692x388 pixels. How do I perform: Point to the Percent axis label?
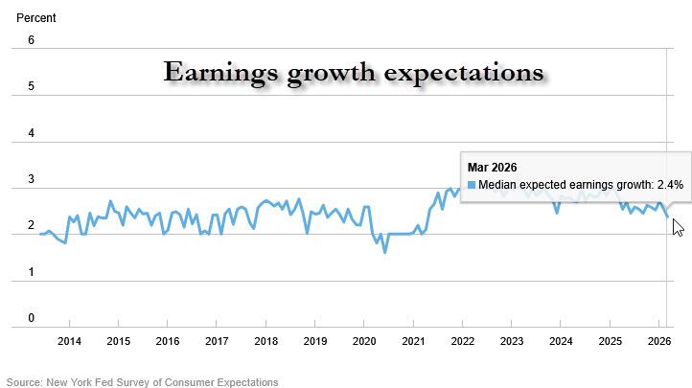point(35,17)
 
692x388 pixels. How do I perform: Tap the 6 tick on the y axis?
point(31,40)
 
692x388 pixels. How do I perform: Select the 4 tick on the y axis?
point(31,133)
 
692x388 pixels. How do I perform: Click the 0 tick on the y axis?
point(31,318)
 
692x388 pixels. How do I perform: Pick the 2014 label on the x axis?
point(69,341)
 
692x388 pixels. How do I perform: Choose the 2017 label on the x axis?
point(217,341)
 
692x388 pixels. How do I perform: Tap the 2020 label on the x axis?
point(364,341)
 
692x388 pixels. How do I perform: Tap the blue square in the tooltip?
point(471,186)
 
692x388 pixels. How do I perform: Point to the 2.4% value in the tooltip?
point(668,186)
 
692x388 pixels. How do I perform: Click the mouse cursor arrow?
point(677,226)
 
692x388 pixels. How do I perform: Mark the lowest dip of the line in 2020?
point(384,252)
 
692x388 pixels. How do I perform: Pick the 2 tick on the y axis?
point(31,226)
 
